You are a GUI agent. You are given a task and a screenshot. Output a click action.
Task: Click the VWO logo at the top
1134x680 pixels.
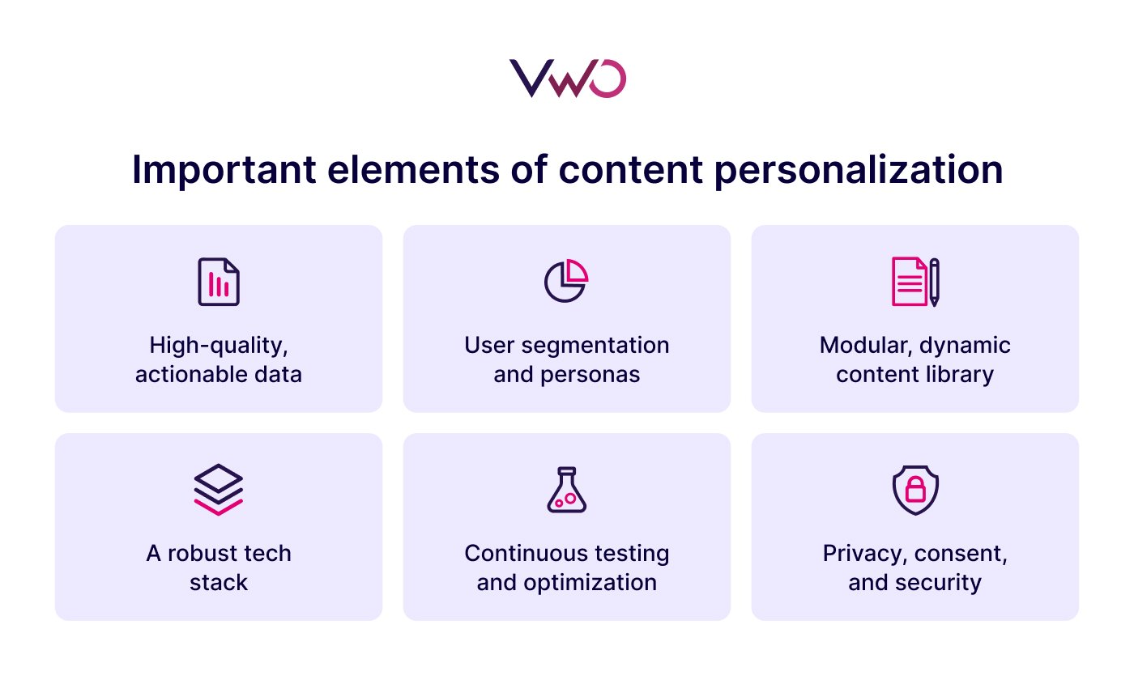tap(567, 79)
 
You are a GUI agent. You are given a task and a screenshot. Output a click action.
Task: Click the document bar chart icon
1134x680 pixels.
tap(219, 282)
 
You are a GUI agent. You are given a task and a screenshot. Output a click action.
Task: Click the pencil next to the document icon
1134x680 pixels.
tap(934, 282)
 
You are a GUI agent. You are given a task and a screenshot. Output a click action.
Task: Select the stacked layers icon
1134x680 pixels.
tap(219, 489)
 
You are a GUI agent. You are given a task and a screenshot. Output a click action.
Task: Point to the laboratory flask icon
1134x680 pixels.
tap(566, 489)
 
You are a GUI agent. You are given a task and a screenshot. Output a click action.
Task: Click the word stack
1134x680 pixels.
tap(219, 582)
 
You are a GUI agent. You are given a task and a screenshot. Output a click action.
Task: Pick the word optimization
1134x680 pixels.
tap(592, 583)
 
